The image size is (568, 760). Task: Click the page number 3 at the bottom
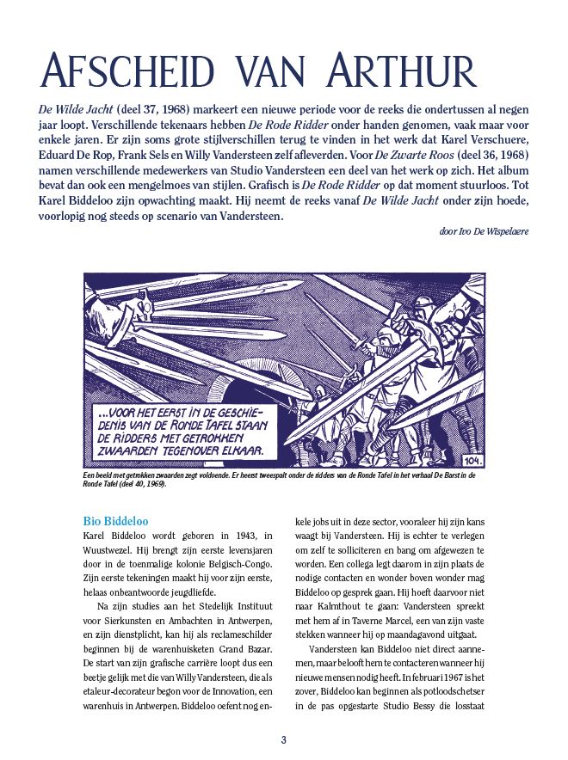pos(284,740)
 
